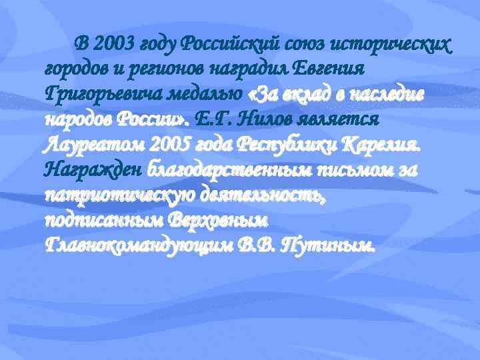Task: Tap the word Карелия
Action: pos(391,145)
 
